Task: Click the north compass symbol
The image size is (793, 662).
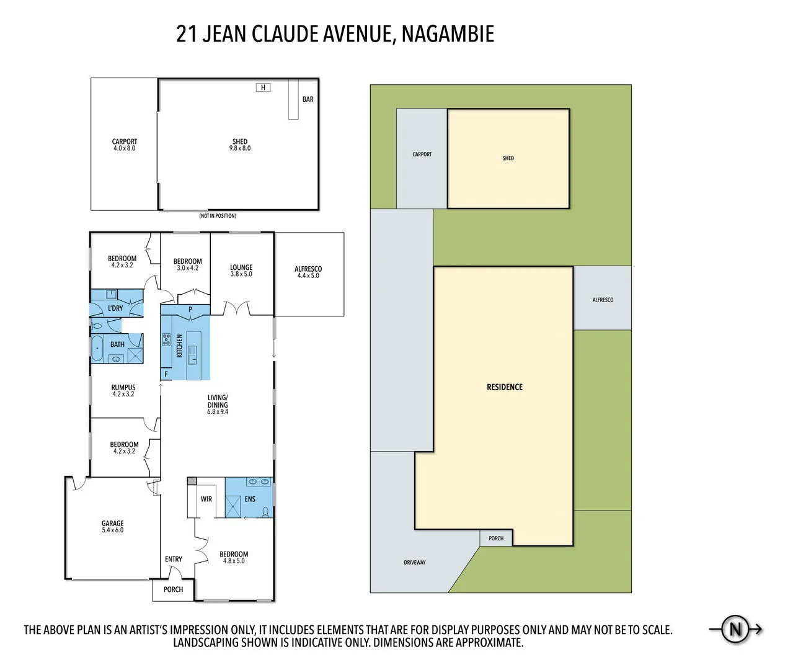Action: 735,629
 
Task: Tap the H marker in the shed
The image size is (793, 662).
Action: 263,87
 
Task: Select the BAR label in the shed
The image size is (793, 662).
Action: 308,99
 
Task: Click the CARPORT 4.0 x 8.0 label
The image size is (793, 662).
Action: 124,145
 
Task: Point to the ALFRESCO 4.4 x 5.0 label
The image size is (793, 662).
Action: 308,272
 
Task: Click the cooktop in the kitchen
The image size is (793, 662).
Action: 166,339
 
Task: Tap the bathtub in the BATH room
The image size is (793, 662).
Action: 97,348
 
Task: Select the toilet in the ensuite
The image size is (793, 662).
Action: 266,512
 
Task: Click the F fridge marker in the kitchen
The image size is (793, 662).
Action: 166,374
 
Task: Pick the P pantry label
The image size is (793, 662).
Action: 190,310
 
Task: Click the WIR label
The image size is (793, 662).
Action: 206,499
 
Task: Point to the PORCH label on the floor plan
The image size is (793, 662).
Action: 173,589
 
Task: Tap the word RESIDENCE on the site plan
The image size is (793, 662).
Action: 505,387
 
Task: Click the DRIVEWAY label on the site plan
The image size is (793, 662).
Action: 415,563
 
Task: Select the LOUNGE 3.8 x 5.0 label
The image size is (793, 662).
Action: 241,271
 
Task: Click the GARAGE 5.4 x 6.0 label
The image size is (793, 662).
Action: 112,527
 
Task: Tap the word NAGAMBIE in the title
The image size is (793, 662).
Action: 448,34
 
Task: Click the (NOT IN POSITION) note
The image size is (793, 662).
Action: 218,216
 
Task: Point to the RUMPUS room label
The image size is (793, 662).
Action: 123,391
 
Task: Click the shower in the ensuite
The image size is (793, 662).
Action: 233,506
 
